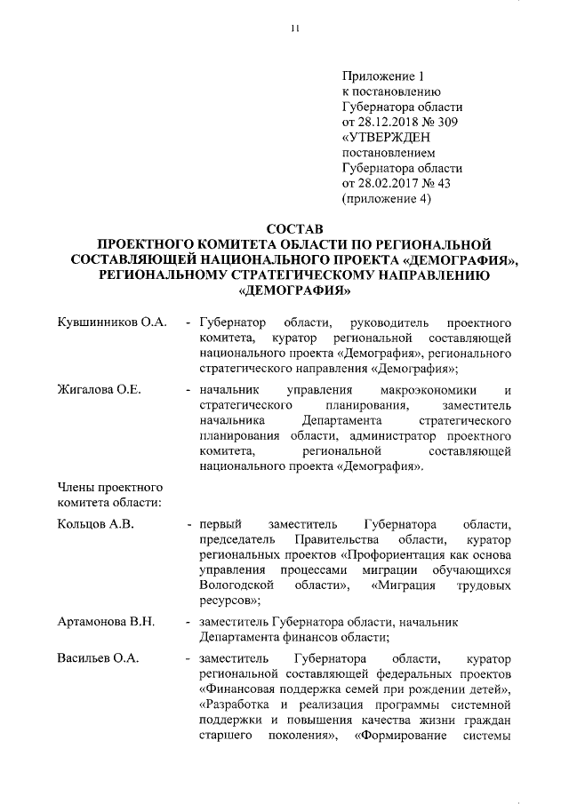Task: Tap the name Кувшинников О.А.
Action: click(x=112, y=321)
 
